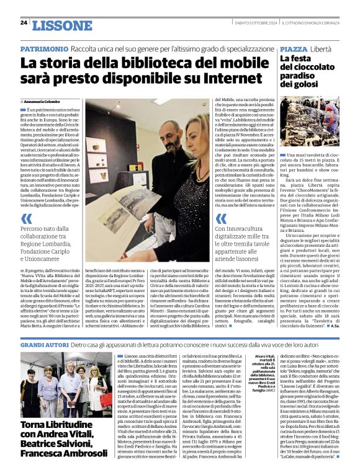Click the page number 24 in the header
tap(24, 22)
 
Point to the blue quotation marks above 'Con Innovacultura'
tap(222, 218)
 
